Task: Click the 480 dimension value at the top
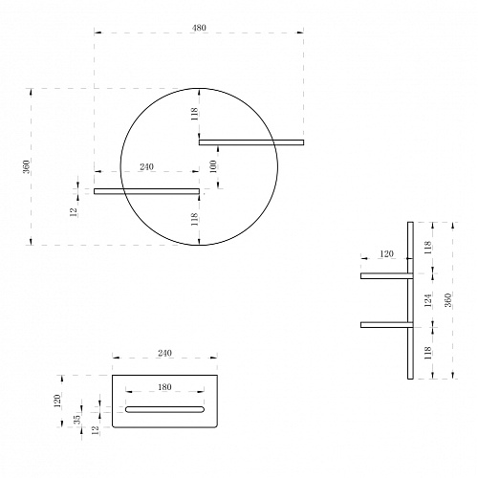199,28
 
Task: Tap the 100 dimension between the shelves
213,166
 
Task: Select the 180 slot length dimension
164,387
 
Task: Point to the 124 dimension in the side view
428,300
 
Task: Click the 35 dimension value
77,419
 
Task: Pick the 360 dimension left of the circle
27,166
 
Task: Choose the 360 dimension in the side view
448,300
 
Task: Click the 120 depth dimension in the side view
386,254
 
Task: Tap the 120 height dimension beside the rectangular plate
57,401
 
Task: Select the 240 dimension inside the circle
146,166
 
